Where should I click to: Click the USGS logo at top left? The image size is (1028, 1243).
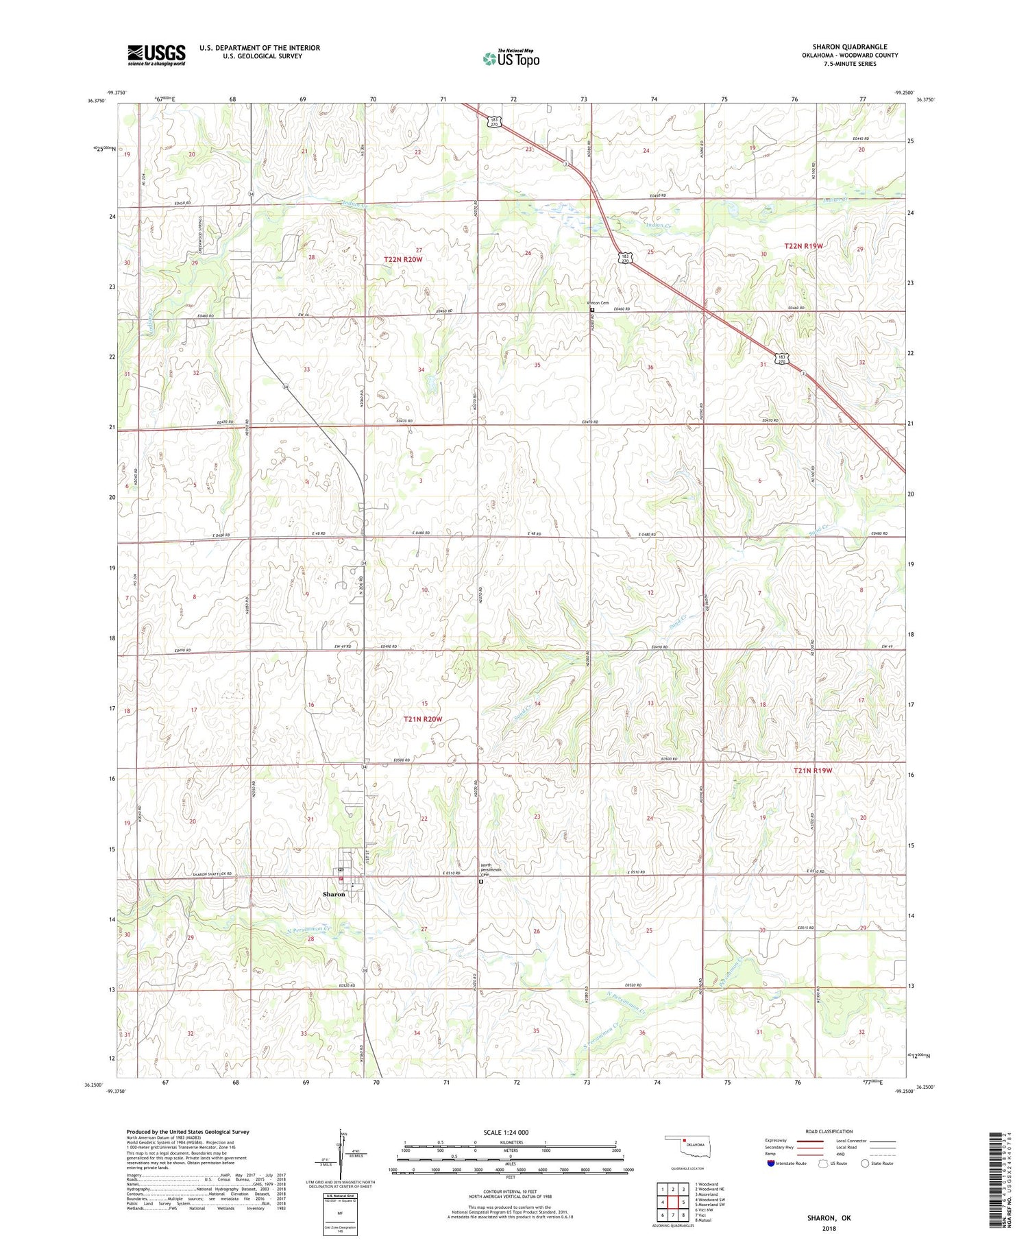coord(156,54)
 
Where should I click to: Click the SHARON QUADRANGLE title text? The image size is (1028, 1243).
coord(849,47)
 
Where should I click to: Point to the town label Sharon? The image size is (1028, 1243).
coord(334,894)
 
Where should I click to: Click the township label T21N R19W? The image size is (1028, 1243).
coord(812,770)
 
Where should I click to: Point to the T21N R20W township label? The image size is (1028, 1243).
coord(423,719)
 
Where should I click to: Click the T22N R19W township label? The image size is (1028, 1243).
coord(803,245)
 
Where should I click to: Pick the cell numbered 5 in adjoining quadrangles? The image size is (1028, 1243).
coord(683,1202)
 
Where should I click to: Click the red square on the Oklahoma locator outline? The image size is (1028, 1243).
coord(684,1142)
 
